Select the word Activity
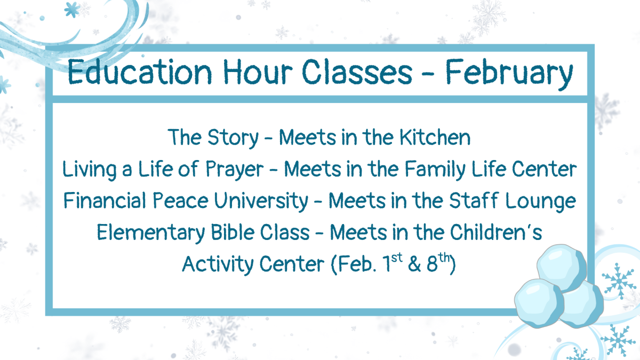click(x=217, y=264)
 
